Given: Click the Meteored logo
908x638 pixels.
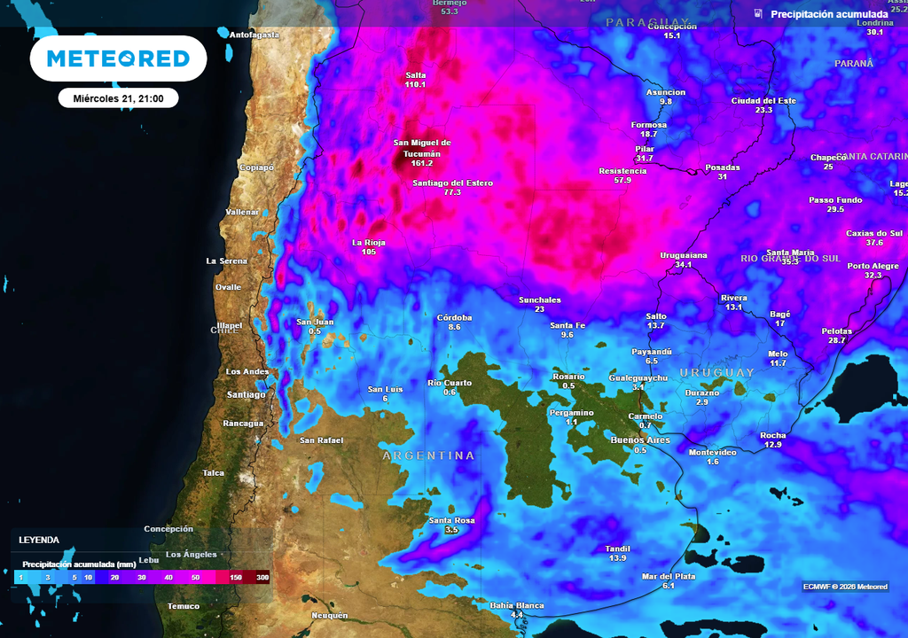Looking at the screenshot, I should (x=118, y=58).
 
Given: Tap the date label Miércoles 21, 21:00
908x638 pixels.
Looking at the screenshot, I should (x=118, y=98).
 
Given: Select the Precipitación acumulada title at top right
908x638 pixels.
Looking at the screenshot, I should (x=828, y=15).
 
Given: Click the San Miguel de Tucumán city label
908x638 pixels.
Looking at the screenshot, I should (x=422, y=148).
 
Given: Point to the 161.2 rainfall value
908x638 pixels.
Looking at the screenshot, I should (x=422, y=164).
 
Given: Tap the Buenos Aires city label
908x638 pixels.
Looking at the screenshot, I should (x=640, y=440).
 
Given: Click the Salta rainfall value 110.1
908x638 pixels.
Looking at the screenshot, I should (x=415, y=85).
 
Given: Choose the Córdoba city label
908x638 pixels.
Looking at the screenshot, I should (x=454, y=317).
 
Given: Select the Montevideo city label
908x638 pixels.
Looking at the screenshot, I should (x=712, y=452).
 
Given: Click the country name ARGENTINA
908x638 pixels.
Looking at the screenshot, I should (x=428, y=455).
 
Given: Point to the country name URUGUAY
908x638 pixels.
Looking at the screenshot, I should (x=716, y=373).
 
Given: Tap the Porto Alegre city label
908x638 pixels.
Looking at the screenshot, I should (x=873, y=266).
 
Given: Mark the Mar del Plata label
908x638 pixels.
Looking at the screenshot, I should (x=668, y=576).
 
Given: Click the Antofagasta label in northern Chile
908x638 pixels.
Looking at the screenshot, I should (x=254, y=35).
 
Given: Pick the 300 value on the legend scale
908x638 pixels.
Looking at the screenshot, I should (x=262, y=578).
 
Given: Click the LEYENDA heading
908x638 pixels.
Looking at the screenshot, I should (x=39, y=540).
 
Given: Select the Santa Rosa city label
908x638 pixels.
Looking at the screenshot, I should (x=451, y=520).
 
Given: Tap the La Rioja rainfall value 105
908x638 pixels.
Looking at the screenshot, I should (x=369, y=253).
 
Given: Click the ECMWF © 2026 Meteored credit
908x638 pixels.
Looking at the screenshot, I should (x=845, y=587).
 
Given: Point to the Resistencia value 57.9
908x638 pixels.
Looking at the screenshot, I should (x=622, y=181).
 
